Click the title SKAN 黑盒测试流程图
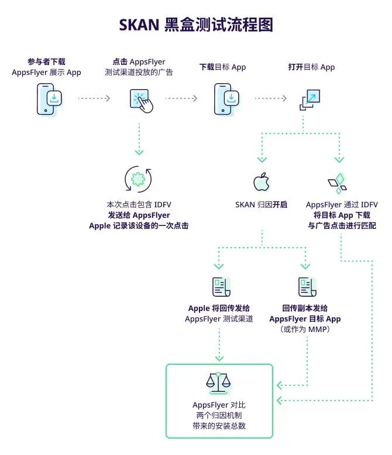(195, 25)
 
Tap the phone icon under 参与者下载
(48, 98)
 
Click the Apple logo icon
(261, 182)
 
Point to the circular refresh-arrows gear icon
(139, 180)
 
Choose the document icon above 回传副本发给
(307, 287)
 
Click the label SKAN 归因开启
(261, 205)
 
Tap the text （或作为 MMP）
(305, 330)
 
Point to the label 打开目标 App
(311, 67)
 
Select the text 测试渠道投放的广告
(139, 73)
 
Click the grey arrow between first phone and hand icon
(94, 98)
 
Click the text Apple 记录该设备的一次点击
(139, 226)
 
